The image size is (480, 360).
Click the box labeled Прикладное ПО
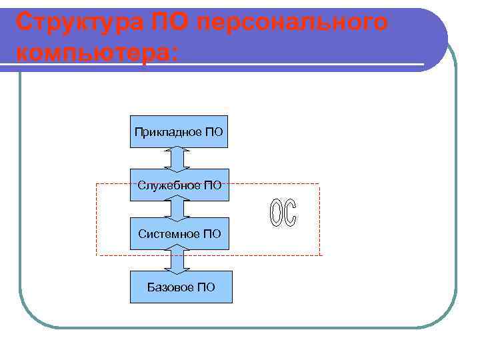(x=179, y=131)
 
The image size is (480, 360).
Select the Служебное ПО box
(x=179, y=185)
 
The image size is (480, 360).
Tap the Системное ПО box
(x=179, y=233)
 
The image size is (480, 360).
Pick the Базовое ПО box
(x=181, y=287)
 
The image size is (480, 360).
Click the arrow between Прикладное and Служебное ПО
(x=177, y=158)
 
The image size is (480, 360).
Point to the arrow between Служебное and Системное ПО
(x=177, y=209)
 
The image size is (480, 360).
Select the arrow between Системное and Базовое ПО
(x=177, y=260)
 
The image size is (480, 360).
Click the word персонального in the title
(x=294, y=22)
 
